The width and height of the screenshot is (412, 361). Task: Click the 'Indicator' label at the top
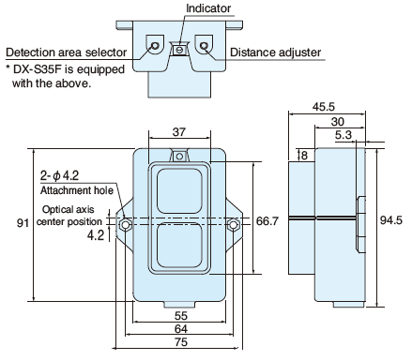click(x=208, y=8)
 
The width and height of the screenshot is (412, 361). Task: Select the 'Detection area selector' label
click(x=67, y=53)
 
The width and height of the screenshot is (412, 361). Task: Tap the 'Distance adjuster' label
click(x=276, y=53)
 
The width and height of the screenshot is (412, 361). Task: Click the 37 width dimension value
click(x=179, y=132)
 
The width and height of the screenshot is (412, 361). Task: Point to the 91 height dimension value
click(x=23, y=223)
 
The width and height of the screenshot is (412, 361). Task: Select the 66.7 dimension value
click(x=267, y=221)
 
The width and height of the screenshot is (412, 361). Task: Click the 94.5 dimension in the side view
click(x=391, y=220)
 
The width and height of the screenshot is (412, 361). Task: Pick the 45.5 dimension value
click(x=324, y=107)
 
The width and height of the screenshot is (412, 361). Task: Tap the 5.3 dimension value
click(x=343, y=135)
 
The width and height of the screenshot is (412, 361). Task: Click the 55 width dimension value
click(x=181, y=316)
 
